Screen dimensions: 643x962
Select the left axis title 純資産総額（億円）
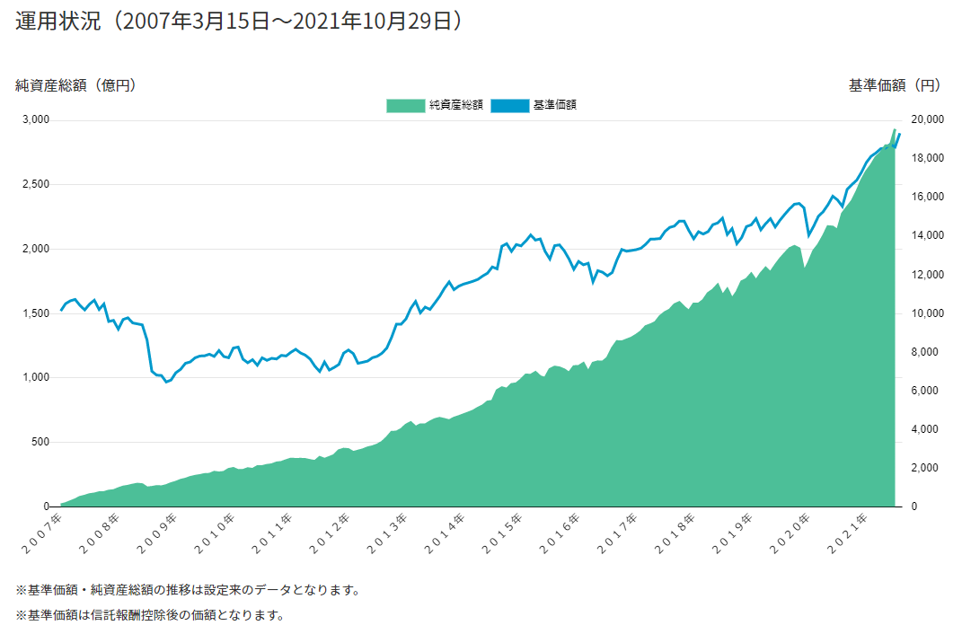(x=75, y=85)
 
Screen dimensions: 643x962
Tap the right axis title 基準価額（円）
(x=895, y=85)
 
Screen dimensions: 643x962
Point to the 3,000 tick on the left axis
(x=33, y=119)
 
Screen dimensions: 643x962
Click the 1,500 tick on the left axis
(x=33, y=313)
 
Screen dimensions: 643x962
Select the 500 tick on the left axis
(x=39, y=442)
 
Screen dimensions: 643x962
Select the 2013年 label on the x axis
(x=392, y=529)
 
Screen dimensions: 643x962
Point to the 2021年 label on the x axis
(x=855, y=529)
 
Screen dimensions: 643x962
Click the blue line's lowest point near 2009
(x=165, y=382)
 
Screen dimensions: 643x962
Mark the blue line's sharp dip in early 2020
(x=808, y=235)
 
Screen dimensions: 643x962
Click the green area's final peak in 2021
(x=895, y=130)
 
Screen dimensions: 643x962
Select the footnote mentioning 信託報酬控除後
(x=150, y=616)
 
